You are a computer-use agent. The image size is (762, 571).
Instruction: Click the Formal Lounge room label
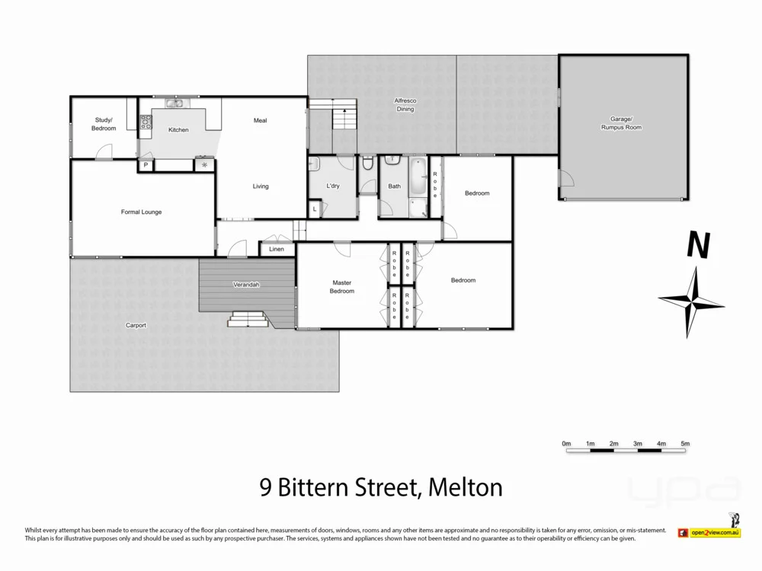tap(141, 212)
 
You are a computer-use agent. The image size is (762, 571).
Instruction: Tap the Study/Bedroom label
tap(104, 124)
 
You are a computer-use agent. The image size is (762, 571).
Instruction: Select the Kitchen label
tap(178, 130)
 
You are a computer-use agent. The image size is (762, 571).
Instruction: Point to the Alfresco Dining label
tap(405, 105)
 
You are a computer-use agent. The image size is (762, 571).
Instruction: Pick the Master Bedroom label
tap(342, 286)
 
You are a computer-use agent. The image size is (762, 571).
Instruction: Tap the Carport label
tap(136, 325)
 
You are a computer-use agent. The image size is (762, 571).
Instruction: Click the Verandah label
tap(246, 285)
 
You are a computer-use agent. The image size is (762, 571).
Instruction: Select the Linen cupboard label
tap(277, 249)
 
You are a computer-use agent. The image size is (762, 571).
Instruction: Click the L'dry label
tap(333, 187)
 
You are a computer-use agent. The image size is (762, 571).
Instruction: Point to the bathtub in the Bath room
tap(418, 179)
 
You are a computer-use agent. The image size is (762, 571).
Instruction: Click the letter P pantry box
tap(145, 164)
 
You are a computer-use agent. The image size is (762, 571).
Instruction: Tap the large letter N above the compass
tap(698, 246)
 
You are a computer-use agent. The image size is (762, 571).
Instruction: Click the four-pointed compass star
tap(691, 302)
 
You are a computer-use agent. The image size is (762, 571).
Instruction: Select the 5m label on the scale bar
tap(684, 443)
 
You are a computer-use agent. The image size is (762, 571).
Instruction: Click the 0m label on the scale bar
tap(566, 443)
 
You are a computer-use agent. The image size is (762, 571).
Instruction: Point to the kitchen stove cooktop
tap(146, 120)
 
